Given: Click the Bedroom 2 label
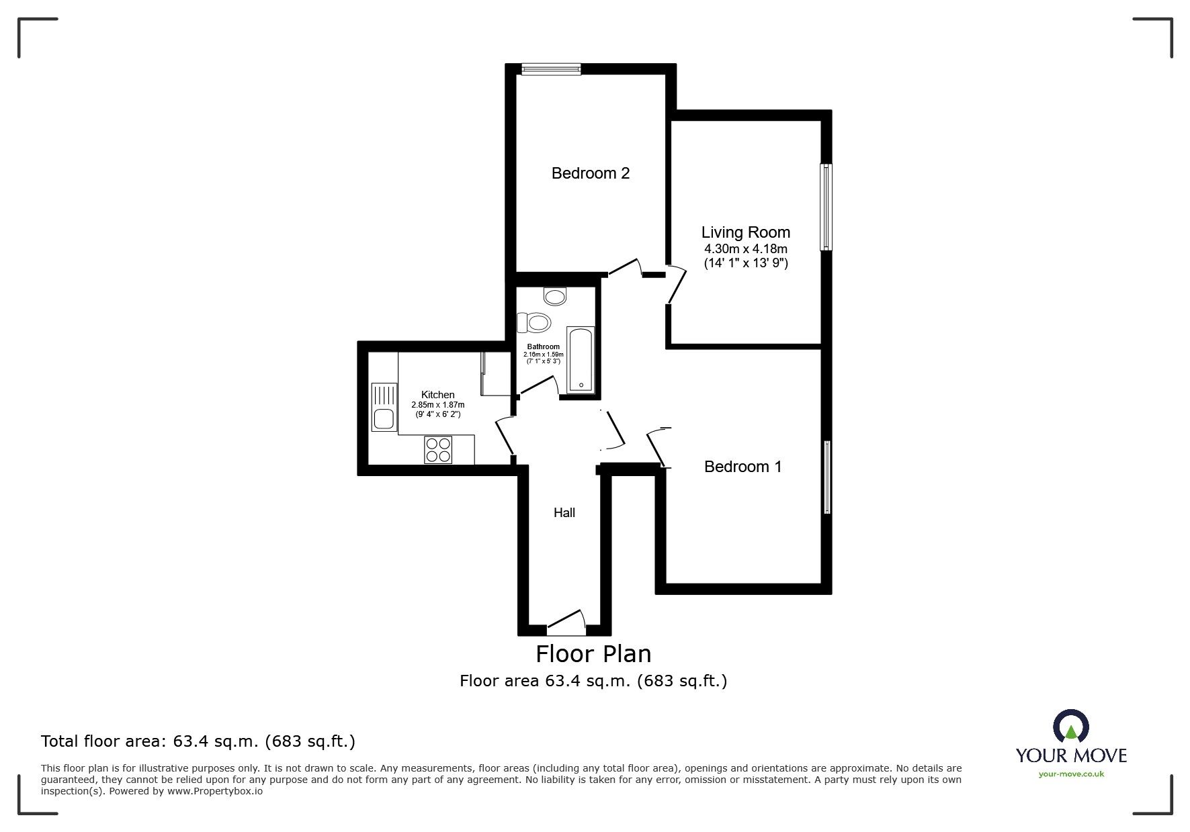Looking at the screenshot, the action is tap(591, 173).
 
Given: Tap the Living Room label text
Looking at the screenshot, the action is tap(746, 232).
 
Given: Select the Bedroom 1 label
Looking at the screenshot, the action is tap(743, 467).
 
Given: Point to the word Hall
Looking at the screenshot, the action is tap(564, 512).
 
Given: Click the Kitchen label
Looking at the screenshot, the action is tap(438, 395).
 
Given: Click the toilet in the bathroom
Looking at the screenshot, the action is tap(534, 323).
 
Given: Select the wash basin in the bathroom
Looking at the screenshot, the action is tap(556, 295).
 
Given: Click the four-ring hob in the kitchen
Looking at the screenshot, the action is tap(439, 449).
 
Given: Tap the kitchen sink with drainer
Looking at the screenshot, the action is tap(384, 406).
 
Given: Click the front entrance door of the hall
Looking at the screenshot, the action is tap(566, 623).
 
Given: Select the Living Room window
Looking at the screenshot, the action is tap(826, 207).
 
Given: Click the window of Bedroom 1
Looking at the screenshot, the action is tap(827, 477).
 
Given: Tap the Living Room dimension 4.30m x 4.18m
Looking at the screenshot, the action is tap(746, 249).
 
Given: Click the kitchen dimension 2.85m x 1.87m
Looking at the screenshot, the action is tap(438, 405).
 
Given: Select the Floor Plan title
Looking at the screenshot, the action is tap(593, 653).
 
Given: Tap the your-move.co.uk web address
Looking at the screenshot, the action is tap(1071, 774).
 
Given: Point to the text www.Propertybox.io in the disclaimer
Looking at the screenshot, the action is tap(215, 791).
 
